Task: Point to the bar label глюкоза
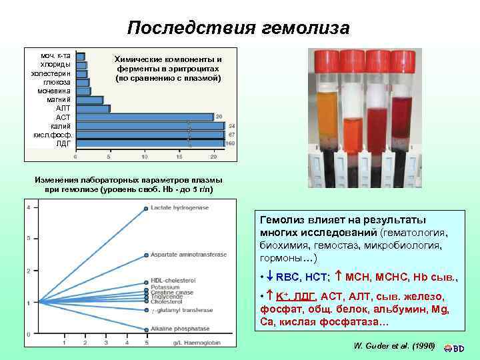point(57,82)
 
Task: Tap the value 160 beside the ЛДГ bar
point(231,143)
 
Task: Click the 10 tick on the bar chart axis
point(144,157)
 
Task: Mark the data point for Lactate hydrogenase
point(146,208)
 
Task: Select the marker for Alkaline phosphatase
point(146,328)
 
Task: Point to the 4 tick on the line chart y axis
point(28,207)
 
